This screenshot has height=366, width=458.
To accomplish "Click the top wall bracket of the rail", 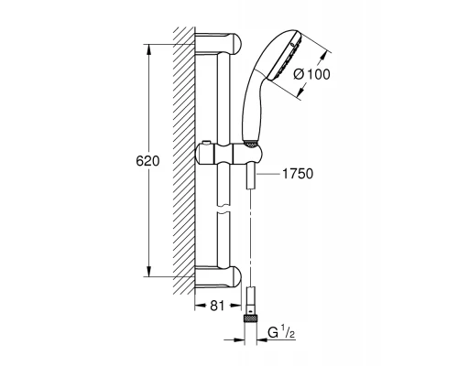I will (x=220, y=42).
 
